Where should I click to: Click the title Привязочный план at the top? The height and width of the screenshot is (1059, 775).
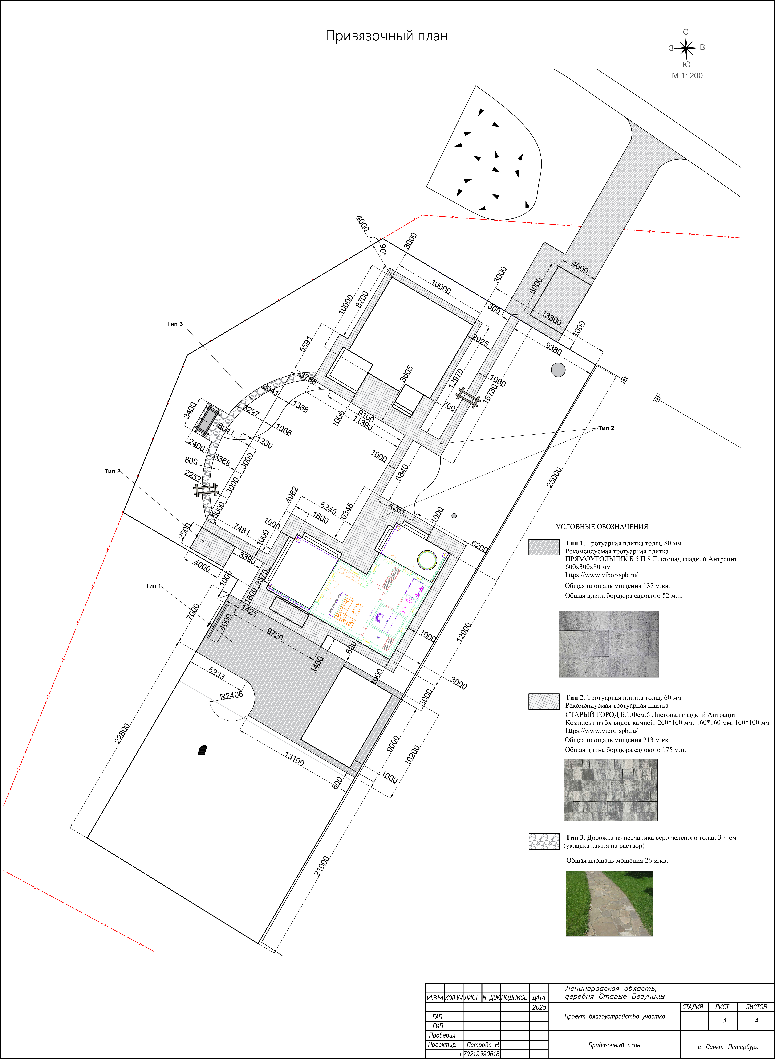(x=387, y=36)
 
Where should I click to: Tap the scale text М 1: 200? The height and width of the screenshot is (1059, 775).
(x=687, y=76)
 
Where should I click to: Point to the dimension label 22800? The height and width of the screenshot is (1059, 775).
(x=122, y=733)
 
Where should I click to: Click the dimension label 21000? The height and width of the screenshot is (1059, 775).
(x=322, y=866)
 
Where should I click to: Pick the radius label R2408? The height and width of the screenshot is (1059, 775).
(x=232, y=695)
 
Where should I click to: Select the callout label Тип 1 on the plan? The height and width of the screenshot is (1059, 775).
(x=153, y=586)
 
